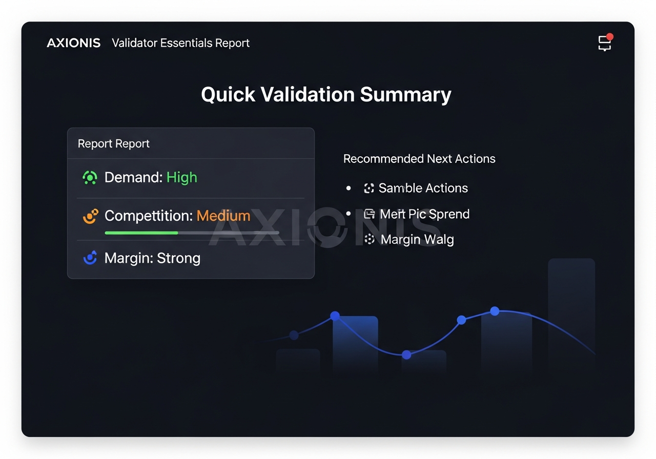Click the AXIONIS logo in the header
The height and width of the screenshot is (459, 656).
[73, 43]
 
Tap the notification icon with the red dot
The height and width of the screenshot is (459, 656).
[605, 43]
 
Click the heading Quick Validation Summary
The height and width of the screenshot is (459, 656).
[326, 95]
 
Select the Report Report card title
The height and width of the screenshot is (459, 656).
[113, 143]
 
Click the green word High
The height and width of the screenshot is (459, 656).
[181, 177]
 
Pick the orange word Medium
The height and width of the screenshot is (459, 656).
[223, 216]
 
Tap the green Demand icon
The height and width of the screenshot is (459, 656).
[90, 177]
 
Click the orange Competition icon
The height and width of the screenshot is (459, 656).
[90, 216]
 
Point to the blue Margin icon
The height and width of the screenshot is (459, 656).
[90, 258]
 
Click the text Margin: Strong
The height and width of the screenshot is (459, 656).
[152, 258]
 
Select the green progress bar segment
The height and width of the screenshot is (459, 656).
[141, 233]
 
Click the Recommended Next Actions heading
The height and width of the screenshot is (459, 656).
[419, 159]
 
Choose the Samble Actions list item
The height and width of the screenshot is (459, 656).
[423, 188]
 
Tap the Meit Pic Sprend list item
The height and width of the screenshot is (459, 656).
[424, 214]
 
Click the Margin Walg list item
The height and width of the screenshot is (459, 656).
[417, 239]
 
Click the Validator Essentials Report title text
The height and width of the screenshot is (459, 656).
[180, 43]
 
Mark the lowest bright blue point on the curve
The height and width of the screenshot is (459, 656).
[406, 354]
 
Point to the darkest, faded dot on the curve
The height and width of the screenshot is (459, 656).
[294, 335]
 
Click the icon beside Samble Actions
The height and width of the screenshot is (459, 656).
[368, 188]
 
